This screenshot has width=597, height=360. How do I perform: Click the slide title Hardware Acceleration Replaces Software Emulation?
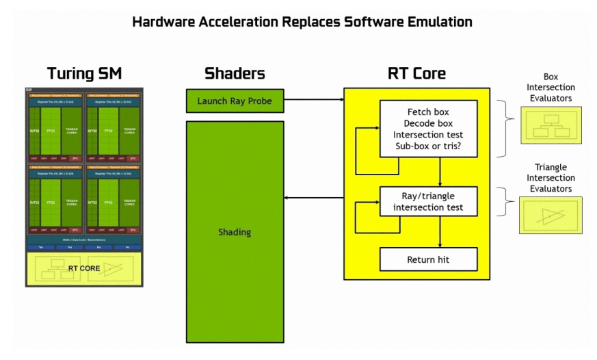(x=302, y=22)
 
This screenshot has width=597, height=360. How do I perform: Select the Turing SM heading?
(x=83, y=73)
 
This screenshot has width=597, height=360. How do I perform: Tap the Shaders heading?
(x=234, y=73)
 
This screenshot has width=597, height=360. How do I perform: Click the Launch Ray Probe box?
(x=234, y=101)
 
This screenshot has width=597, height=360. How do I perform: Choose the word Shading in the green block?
(x=234, y=232)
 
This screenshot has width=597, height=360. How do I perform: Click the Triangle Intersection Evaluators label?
(x=550, y=178)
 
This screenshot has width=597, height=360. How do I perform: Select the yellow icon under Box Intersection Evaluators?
(x=550, y=125)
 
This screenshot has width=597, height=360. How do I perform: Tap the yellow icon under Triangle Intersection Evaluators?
(x=550, y=215)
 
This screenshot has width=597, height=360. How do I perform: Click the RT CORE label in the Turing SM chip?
(x=84, y=268)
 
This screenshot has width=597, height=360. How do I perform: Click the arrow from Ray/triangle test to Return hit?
(x=439, y=232)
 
